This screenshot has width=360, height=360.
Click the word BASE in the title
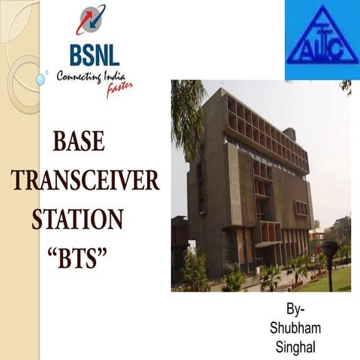click(79, 141)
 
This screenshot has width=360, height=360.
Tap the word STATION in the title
click(77, 220)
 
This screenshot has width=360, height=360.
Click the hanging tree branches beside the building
click(185, 112)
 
